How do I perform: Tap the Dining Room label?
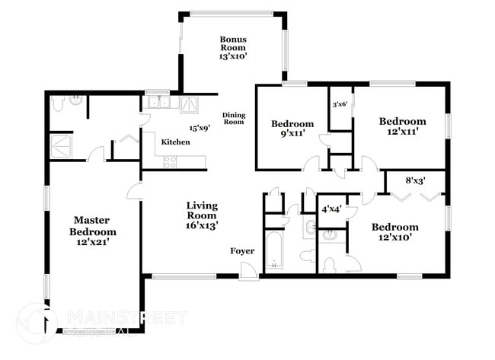point(234,118)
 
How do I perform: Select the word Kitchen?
point(175,142)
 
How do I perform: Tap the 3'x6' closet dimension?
point(340,104)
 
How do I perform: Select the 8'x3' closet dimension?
point(416,181)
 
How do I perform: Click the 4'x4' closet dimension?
point(331,208)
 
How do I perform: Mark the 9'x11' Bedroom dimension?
point(292,135)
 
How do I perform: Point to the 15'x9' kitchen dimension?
point(200,128)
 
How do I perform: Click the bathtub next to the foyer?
point(273,252)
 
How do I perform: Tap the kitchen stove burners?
point(171,161)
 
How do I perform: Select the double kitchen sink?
point(158,102)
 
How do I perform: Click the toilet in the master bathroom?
point(58,103)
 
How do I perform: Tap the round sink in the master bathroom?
point(77,100)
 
